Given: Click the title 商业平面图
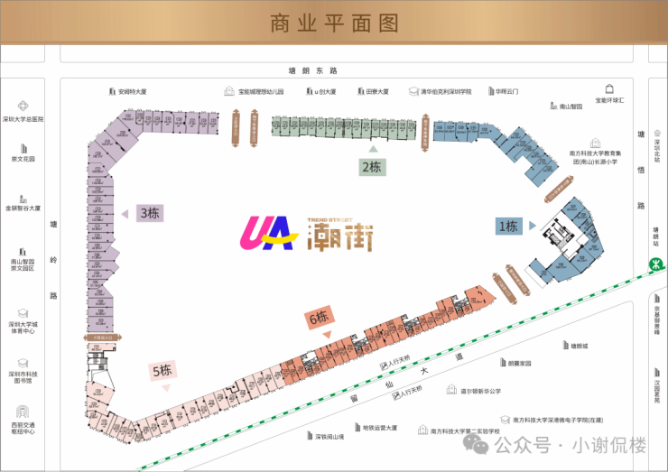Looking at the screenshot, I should click(334, 23).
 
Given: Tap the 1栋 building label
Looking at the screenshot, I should click(507, 227).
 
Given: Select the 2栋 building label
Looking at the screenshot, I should click(372, 166).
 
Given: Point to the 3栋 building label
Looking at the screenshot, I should click(149, 214).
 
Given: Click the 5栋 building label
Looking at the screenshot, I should click(162, 370).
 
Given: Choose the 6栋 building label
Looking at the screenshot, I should click(319, 317).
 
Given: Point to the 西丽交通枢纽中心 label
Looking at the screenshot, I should click(23, 428).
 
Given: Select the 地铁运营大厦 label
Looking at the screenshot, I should click(379, 428).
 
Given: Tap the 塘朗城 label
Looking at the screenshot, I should click(578, 345).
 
